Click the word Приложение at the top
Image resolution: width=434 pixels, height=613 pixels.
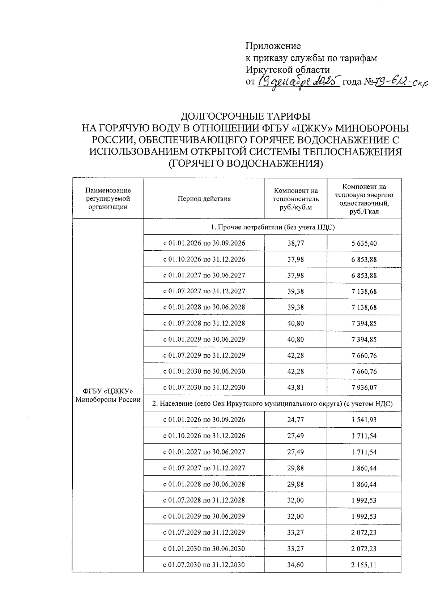[x=273, y=46]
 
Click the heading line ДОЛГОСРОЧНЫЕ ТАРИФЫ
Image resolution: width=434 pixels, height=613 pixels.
[x=246, y=116]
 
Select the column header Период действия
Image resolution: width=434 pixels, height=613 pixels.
[x=204, y=199]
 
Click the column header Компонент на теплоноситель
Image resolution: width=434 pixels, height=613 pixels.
[x=296, y=199]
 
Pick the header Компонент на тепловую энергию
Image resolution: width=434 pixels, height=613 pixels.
[x=364, y=199]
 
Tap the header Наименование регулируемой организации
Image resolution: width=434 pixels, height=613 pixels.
[x=108, y=199]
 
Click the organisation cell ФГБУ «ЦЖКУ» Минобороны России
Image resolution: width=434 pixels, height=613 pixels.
[x=108, y=395]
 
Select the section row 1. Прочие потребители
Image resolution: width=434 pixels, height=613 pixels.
[x=273, y=227]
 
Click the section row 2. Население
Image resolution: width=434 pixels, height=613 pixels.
[x=272, y=403]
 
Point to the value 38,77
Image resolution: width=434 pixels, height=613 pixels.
[x=296, y=243]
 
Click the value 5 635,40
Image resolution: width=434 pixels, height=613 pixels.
[x=364, y=243]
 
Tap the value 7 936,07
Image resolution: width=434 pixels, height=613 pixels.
[x=364, y=388]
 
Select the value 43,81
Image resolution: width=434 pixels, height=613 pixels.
[x=296, y=388]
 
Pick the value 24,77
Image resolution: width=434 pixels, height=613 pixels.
[x=296, y=420]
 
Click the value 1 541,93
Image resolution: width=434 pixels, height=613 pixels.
[x=364, y=420]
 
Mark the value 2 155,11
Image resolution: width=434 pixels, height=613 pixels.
[x=364, y=565]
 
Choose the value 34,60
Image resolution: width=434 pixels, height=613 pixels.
[x=296, y=565]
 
